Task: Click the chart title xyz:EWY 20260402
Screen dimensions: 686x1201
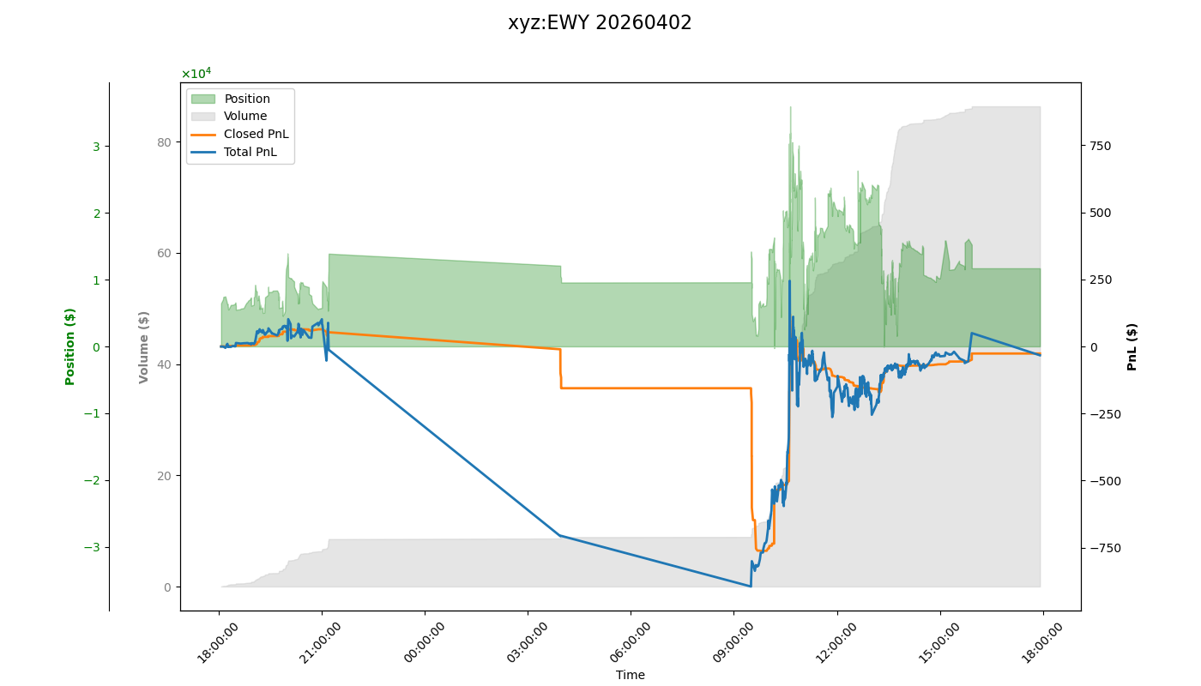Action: (x=600, y=23)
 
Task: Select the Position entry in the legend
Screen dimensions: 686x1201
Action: (x=246, y=99)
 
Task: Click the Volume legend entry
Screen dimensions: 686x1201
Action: (x=244, y=117)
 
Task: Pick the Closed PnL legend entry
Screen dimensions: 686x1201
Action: (x=256, y=135)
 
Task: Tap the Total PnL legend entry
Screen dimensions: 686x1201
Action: (x=250, y=153)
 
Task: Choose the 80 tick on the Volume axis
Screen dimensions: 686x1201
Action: (x=163, y=141)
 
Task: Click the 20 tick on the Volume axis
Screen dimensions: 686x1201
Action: (x=163, y=476)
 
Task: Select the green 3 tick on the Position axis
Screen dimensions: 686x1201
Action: (x=96, y=147)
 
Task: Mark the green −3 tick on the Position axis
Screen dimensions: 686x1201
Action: (x=92, y=547)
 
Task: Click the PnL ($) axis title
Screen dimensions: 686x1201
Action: (x=1132, y=346)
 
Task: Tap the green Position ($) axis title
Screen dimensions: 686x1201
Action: (x=70, y=346)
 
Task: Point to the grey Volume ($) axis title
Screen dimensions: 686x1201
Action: (x=144, y=346)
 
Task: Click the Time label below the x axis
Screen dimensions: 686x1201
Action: (x=630, y=675)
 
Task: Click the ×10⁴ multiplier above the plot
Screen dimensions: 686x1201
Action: (x=196, y=74)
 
